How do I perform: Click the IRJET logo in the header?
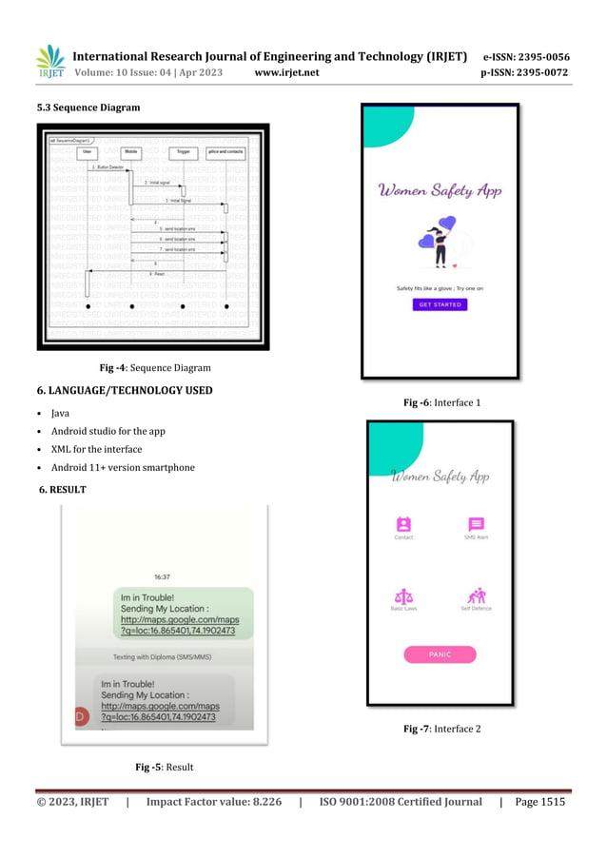point(49,60)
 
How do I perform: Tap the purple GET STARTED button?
point(440,304)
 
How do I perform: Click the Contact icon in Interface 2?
point(403,523)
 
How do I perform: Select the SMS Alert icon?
point(476,523)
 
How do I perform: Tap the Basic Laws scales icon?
point(402,595)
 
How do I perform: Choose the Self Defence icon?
point(476,595)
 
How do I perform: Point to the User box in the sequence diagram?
point(88,150)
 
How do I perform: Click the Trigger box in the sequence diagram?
point(184,150)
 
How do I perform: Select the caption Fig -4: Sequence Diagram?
point(155,367)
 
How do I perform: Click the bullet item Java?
point(60,414)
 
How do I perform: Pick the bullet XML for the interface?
point(96,449)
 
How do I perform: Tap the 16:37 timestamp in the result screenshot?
point(163,576)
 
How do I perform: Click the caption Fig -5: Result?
point(165,767)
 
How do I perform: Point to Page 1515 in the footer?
point(539,802)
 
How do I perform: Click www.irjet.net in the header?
point(287,72)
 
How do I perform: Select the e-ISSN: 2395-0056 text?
point(526,57)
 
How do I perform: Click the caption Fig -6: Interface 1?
point(442,403)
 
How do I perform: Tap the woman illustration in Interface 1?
point(441,245)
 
